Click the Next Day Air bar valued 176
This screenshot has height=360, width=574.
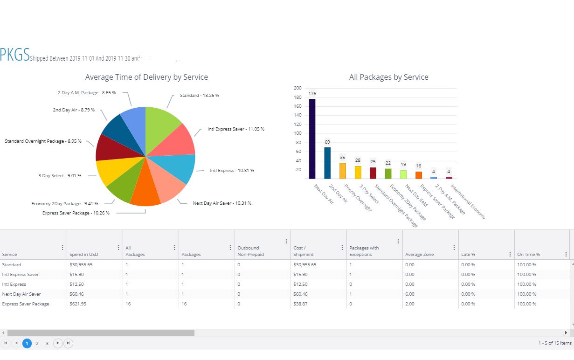tap(312, 138)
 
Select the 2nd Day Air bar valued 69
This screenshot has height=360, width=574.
tap(327, 163)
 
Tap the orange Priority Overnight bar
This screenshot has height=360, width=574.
tap(343, 171)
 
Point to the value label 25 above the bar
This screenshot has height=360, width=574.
tap(373, 162)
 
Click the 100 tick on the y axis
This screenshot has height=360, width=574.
tap(297, 133)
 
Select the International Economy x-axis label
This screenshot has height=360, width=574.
tap(468, 201)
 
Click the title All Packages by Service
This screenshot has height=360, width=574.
tap(388, 77)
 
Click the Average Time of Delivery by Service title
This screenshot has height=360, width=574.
tap(146, 77)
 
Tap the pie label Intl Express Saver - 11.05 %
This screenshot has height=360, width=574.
tap(236, 129)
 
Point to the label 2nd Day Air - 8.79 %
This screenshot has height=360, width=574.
tap(74, 110)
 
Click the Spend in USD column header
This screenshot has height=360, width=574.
tap(84, 255)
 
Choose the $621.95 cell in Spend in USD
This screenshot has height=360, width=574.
tap(78, 304)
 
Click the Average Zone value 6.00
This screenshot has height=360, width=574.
tap(410, 294)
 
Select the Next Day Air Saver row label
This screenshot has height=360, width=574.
tap(21, 294)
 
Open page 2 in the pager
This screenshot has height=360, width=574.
tap(37, 344)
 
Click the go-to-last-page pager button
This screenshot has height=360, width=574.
tap(68, 344)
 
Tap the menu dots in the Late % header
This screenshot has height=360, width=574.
tap(510, 254)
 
